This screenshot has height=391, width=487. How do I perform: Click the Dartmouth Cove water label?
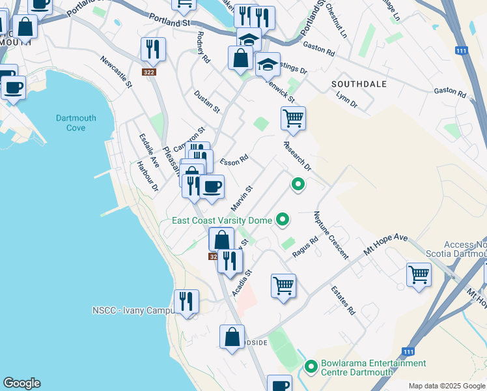tap(76, 123)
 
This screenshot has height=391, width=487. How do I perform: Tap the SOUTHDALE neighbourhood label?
tap(359, 84)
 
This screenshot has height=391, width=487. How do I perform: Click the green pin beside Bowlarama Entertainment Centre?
tap(311, 368)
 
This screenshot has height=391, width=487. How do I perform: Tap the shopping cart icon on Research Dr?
tap(293, 119)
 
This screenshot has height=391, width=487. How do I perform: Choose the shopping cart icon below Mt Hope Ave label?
tap(419, 274)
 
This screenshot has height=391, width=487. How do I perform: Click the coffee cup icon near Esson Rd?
tap(211, 187)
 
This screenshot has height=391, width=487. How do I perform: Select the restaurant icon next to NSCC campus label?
tap(187, 302)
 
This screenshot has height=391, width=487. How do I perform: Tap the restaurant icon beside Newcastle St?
tap(153, 49)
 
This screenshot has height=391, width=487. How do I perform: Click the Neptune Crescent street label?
tap(331, 235)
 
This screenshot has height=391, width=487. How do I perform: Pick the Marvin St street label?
tap(242, 197)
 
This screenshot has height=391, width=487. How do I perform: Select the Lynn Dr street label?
tap(346, 100)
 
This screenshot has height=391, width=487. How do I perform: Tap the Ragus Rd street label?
tap(305, 247)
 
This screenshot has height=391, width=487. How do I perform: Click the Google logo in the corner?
tap(21, 383)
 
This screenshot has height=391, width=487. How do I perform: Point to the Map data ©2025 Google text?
tap(446, 386)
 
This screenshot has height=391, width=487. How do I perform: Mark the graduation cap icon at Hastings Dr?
tap(267, 64)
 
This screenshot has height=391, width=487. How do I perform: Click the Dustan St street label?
tap(207, 102)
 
